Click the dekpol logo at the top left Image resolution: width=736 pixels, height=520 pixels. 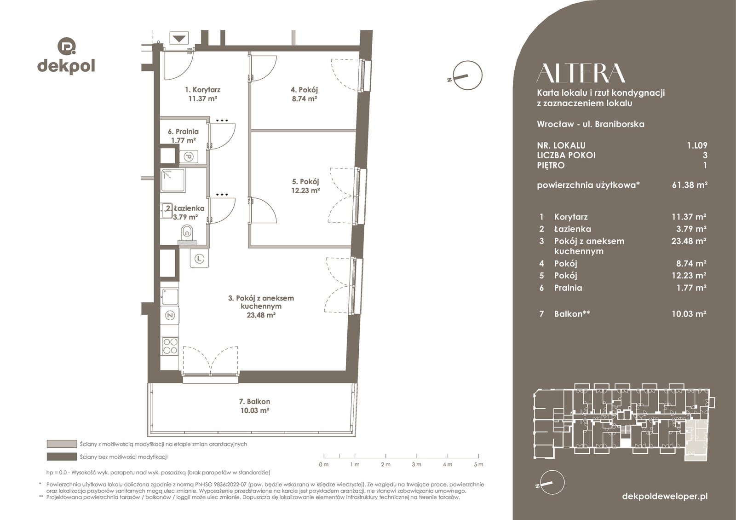[66, 56]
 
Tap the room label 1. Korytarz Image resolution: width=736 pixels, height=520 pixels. [202, 90]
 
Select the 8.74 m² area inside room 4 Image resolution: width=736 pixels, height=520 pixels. [304, 98]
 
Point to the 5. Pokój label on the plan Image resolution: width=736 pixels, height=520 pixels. [305, 181]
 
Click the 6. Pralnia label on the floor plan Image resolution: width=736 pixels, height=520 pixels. [184, 132]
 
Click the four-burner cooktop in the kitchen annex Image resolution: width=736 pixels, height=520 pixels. [170, 346]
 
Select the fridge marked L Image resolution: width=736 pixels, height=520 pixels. [199, 258]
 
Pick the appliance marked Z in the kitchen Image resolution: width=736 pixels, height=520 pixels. [170, 316]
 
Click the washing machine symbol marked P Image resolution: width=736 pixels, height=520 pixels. [189, 157]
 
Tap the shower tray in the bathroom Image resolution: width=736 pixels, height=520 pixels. [173, 180]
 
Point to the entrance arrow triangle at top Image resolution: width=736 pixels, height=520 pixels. [179, 39]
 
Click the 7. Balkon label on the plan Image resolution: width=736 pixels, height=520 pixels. [254, 401]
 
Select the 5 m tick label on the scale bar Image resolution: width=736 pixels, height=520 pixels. [478, 464]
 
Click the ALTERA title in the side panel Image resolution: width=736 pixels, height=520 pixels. [581, 73]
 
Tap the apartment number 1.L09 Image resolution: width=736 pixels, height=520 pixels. [697, 145]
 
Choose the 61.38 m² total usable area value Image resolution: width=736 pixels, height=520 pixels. [690, 185]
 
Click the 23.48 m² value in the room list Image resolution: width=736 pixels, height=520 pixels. [689, 241]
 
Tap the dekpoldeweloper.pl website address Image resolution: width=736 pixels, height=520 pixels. [665, 496]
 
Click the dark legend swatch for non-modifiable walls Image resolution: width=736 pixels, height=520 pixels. [62, 456]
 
